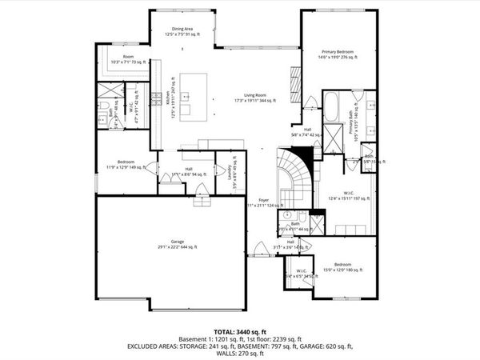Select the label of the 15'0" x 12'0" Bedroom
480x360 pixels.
342,267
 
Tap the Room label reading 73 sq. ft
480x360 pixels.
128,59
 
